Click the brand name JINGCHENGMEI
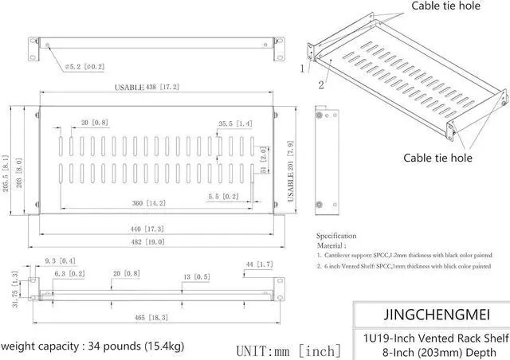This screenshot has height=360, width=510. click(x=426, y=313)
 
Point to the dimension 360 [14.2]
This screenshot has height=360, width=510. click(x=148, y=203)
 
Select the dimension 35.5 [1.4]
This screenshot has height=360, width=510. click(x=235, y=123)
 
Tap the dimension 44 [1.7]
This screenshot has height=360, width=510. click(x=260, y=264)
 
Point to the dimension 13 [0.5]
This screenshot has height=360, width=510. click(x=195, y=277)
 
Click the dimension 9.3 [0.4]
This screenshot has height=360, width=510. click(x=61, y=260)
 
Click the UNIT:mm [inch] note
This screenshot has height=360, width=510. click(x=288, y=349)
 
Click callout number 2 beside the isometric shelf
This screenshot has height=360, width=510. click(x=321, y=83)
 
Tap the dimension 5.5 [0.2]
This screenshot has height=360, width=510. click(x=223, y=196)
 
